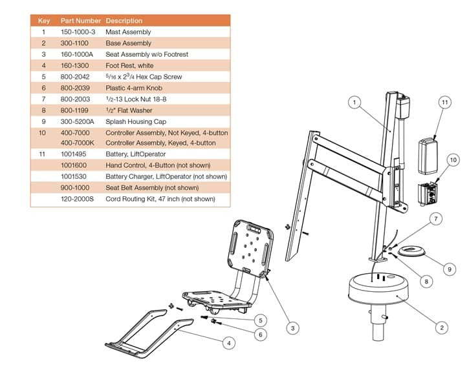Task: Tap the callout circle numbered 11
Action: [x=444, y=102]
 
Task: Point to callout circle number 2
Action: [x=442, y=327]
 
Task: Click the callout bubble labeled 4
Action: [x=228, y=344]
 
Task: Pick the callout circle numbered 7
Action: [x=437, y=219]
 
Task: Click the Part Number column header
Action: [x=80, y=21]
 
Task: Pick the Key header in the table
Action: [x=44, y=21]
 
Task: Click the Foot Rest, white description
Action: [x=130, y=65]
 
